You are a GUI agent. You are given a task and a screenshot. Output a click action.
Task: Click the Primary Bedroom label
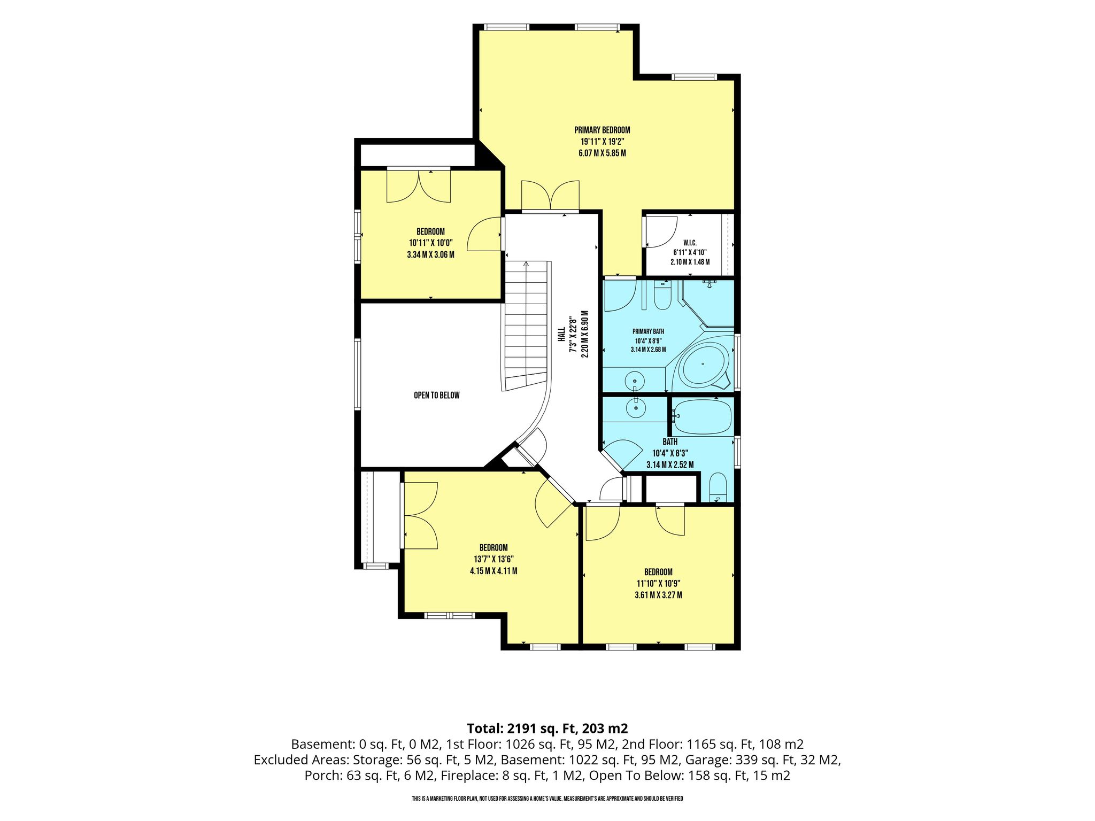click(602, 130)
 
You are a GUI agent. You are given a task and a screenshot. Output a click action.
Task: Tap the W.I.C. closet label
click(690, 243)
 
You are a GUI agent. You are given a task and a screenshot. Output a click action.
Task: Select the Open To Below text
click(437, 396)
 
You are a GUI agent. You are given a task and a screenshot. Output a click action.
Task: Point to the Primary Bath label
click(648, 331)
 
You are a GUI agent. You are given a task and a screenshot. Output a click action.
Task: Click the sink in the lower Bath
click(636, 409)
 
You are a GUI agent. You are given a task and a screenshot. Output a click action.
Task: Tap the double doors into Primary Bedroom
click(550, 196)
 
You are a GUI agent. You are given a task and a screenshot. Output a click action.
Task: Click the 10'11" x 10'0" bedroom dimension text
click(430, 243)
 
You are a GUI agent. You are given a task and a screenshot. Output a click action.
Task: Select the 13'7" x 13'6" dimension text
click(493, 559)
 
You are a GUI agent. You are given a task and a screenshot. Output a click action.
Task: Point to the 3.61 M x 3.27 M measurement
click(658, 595)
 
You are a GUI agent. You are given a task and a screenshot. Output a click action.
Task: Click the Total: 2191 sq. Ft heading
click(547, 728)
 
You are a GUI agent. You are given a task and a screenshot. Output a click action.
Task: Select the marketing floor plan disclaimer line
click(547, 799)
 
